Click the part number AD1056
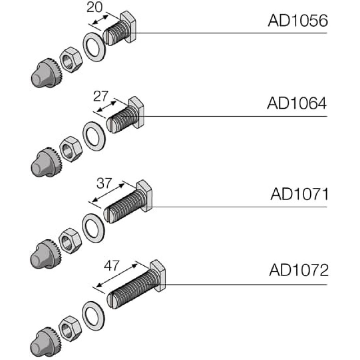298,21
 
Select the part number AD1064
297,104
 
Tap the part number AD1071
300,195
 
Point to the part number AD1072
299,270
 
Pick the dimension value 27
100,97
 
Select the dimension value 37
105,184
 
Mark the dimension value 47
111,266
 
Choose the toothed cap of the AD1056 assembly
45,72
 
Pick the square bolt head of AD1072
158,275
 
